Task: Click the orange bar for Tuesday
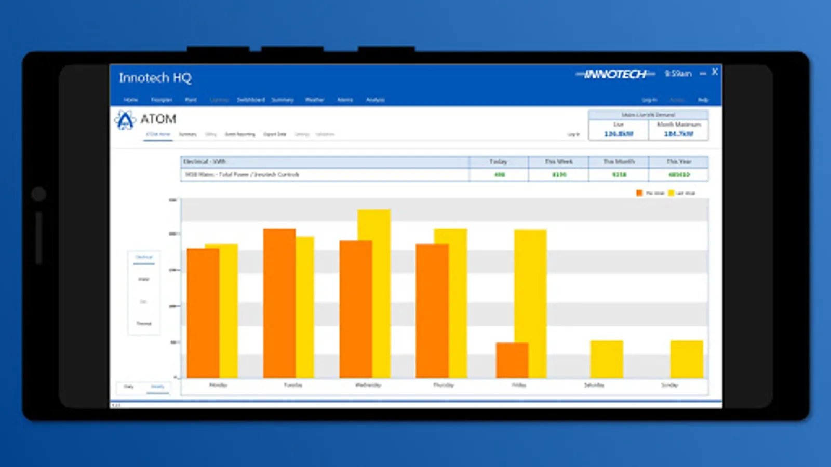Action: pyautogui.click(x=279, y=304)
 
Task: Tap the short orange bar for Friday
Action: pyautogui.click(x=512, y=360)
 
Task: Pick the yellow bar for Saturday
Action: pyautogui.click(x=607, y=359)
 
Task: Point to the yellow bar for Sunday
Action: pyautogui.click(x=686, y=359)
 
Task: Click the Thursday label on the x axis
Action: pyautogui.click(x=443, y=385)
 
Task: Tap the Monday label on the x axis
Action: pyautogui.click(x=218, y=385)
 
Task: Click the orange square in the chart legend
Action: pyautogui.click(x=639, y=193)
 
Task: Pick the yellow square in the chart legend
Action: pyautogui.click(x=671, y=193)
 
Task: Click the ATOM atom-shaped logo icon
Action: pyautogui.click(x=125, y=120)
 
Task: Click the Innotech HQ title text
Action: pyautogui.click(x=155, y=78)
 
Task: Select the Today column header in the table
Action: pyautogui.click(x=498, y=162)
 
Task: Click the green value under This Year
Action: pyautogui.click(x=679, y=175)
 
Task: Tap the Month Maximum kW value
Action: pyautogui.click(x=678, y=134)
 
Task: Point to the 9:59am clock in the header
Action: pyautogui.click(x=678, y=74)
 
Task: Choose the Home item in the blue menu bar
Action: pyautogui.click(x=130, y=100)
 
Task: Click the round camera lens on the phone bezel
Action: pyautogui.click(x=38, y=194)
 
